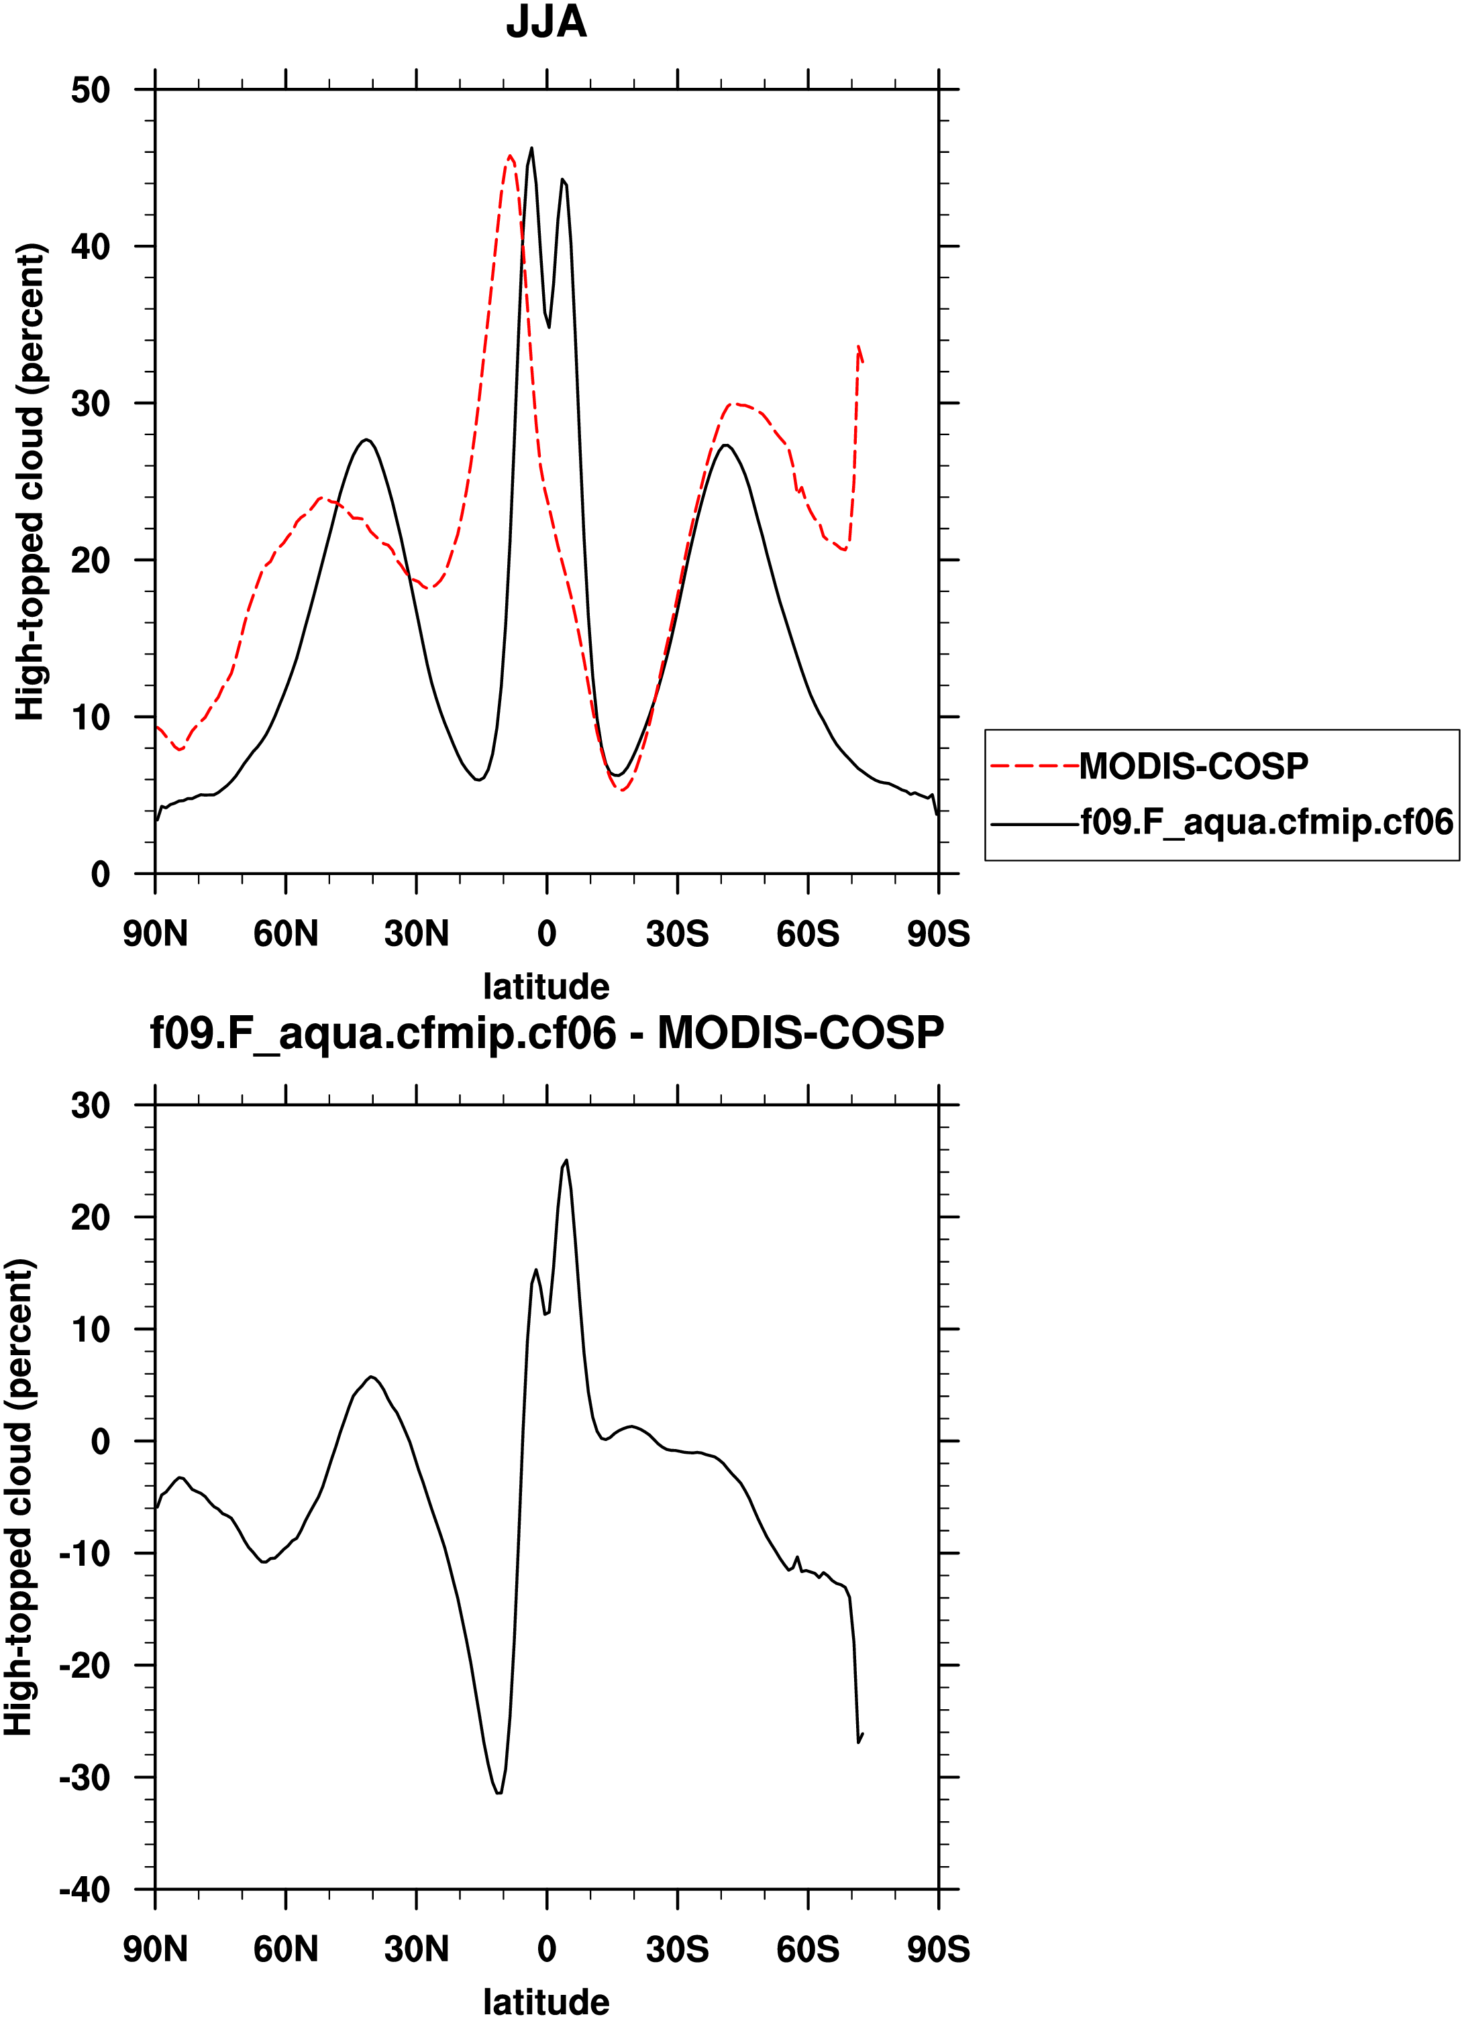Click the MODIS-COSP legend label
tap(1194, 766)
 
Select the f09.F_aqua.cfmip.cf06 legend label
tap(1266, 821)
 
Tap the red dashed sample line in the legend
tap(1034, 766)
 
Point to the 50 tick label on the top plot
tap(90, 90)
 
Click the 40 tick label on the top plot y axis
tap(90, 247)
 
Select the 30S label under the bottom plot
tap(677, 1949)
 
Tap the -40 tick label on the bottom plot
tap(85, 1889)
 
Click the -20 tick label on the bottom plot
tap(85, 1665)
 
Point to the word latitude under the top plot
tap(546, 986)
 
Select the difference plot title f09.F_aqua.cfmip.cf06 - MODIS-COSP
tap(546, 1033)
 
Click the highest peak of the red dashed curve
tap(509, 156)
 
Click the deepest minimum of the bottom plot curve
tap(499, 1792)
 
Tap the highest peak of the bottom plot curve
tap(566, 1160)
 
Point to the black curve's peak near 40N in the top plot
tap(365, 439)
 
